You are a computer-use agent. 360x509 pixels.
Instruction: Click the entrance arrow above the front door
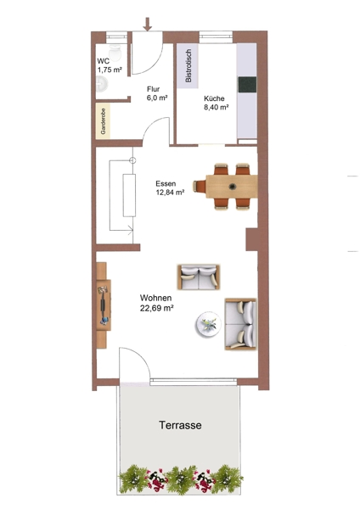pyautogui.click(x=148, y=25)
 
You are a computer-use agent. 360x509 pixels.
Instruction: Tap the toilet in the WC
pyautogui.click(x=115, y=52)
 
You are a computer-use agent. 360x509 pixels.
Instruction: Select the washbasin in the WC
pyautogui.click(x=102, y=84)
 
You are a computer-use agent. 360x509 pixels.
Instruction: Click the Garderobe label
pyautogui.click(x=104, y=121)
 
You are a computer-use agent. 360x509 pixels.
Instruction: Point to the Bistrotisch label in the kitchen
pyautogui.click(x=188, y=66)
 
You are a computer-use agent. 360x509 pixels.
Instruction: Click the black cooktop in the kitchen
pyautogui.click(x=247, y=85)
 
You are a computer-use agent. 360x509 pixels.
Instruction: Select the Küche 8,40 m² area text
pyautogui.click(x=216, y=103)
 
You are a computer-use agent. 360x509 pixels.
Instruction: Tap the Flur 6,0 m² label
pyautogui.click(x=157, y=93)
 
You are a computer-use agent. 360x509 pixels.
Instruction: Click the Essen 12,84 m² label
pyautogui.click(x=170, y=188)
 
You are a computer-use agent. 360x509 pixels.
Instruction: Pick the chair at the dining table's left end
pyautogui.click(x=200, y=187)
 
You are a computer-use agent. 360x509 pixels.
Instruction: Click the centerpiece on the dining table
pyautogui.click(x=232, y=187)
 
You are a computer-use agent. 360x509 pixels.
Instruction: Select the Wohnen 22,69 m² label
pyautogui.click(x=156, y=303)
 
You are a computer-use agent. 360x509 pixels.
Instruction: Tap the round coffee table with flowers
pyautogui.click(x=208, y=324)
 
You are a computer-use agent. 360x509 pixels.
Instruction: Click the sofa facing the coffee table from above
pyautogui.click(x=198, y=277)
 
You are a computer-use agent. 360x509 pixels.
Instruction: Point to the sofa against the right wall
pyautogui.click(x=241, y=324)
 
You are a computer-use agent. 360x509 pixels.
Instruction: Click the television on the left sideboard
pyautogui.click(x=104, y=305)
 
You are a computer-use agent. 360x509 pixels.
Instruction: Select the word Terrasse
pyautogui.click(x=180, y=425)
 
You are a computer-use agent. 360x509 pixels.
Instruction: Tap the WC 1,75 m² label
pyautogui.click(x=110, y=65)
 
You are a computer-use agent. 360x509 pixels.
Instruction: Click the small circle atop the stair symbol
pyautogui.click(x=132, y=160)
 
